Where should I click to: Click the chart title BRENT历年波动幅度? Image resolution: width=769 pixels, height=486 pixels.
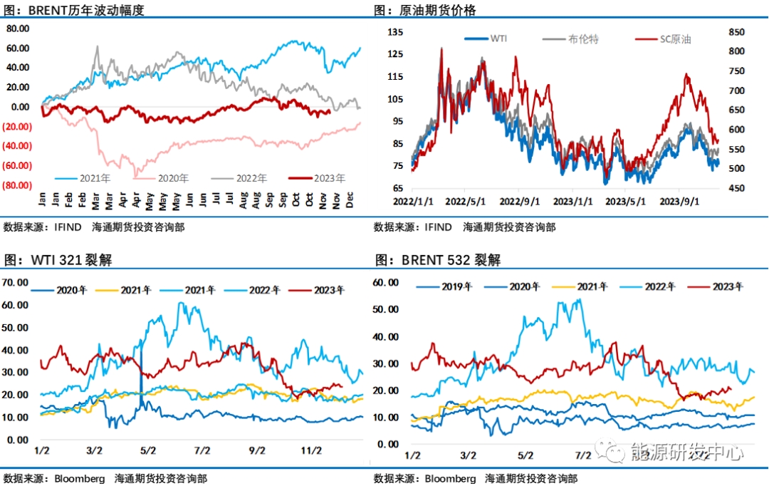[86, 10]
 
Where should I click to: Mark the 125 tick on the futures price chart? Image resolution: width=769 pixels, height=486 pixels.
[395, 54]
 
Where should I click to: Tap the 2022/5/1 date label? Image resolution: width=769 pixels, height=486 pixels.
[466, 202]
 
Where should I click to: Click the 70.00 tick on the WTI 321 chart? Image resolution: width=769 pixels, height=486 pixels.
[16, 282]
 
